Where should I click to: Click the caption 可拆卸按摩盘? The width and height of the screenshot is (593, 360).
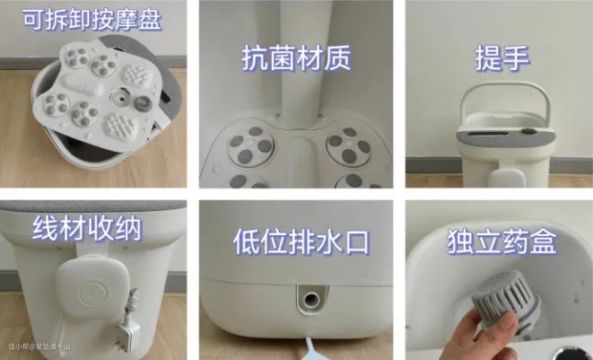(92, 20)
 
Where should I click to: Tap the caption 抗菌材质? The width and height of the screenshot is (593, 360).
(296, 58)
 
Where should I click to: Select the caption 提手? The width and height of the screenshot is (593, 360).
(501, 57)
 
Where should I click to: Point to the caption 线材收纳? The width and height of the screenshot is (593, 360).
(87, 228)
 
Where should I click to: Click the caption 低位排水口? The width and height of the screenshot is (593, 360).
(301, 241)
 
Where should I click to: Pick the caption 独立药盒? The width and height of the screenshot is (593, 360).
(502, 241)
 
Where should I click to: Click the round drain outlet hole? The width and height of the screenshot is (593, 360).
(310, 300)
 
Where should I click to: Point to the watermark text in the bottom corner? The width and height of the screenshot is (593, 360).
(39, 346)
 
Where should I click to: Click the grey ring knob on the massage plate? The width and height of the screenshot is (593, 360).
(144, 103)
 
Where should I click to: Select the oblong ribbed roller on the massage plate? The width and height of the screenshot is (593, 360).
(83, 84)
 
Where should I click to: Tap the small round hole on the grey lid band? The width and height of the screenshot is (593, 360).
(528, 132)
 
